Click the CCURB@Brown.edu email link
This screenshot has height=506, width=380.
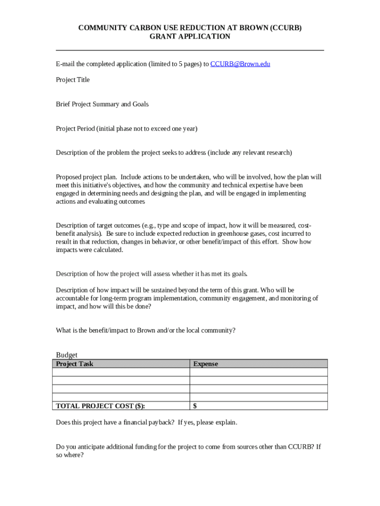point(240,64)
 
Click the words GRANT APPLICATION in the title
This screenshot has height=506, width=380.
point(190,37)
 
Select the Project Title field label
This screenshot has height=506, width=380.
point(73,80)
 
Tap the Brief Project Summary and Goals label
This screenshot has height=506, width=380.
point(102,104)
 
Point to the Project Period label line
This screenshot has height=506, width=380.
point(126,129)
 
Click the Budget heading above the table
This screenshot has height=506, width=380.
point(67,355)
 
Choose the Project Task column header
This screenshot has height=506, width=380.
point(75,364)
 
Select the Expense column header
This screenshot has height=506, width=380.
point(205,364)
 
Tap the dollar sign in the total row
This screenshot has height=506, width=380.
point(195,406)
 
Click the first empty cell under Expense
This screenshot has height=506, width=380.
point(258,373)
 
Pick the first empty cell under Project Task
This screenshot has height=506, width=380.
point(121,373)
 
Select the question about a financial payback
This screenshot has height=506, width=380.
point(147,422)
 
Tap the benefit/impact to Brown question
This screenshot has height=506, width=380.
point(146,331)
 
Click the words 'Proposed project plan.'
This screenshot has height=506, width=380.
point(86,177)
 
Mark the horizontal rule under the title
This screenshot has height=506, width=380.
point(190,50)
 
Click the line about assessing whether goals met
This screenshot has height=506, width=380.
point(152,274)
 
